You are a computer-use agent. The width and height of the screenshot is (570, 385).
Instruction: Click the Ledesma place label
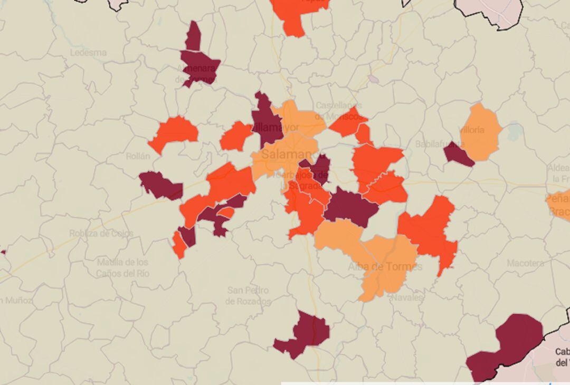click(88, 53)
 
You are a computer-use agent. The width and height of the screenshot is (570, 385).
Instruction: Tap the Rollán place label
click(138, 156)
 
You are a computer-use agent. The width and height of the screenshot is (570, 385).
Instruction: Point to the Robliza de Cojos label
click(101, 233)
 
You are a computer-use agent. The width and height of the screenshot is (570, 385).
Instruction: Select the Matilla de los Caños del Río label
click(122, 267)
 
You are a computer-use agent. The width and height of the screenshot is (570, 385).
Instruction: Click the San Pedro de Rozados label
click(248, 296)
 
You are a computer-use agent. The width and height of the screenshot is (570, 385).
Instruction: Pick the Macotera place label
click(525, 263)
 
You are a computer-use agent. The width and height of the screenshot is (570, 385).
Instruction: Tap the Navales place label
click(407, 297)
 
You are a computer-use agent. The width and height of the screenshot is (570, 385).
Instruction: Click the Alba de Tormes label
click(385, 266)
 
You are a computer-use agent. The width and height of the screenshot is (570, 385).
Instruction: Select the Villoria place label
click(471, 130)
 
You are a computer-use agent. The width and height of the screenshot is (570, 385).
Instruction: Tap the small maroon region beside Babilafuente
click(458, 154)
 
